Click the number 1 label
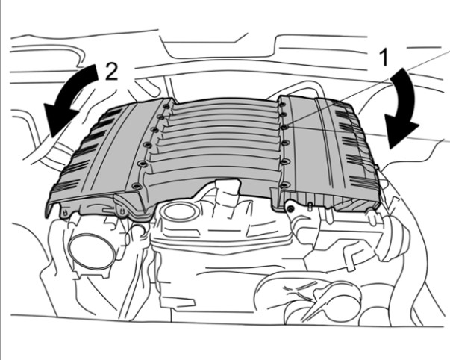click(384, 58)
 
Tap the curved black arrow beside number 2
click(70, 98)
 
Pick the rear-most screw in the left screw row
click(166, 107)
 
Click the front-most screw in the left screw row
click(136, 187)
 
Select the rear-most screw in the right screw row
click(281, 105)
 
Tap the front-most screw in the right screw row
click(284, 185)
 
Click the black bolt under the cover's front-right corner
click(290, 209)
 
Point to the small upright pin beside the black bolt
click(310, 207)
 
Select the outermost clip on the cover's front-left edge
click(66, 213)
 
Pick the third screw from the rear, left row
click(155, 130)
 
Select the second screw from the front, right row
click(284, 162)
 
